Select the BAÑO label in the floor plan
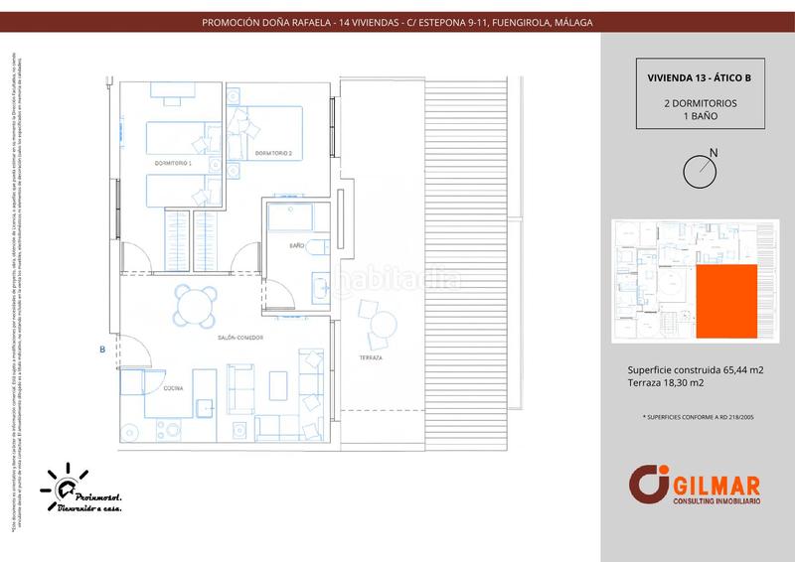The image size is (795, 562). (296, 244)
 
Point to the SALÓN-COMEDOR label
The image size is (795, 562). (241, 339)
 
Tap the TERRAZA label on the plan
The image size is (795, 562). (372, 357)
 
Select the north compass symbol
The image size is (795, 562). (700, 171)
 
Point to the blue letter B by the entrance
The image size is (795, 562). (102, 350)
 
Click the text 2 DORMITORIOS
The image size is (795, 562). (700, 103)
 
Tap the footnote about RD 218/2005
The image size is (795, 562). (699, 419)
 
